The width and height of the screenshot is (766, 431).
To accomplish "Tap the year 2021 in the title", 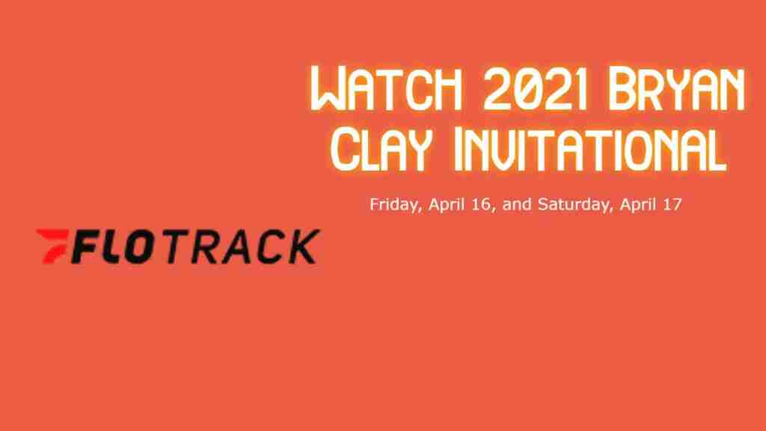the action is pyautogui.click(x=534, y=90).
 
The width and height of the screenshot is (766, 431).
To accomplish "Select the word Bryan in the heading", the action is pyautogui.click(x=676, y=90).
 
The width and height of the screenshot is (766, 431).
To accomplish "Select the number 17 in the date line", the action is pyautogui.click(x=672, y=204).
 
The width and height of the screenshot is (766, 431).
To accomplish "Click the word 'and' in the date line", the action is pyautogui.click(x=517, y=204).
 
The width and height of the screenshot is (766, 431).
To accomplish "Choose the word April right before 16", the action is pyautogui.click(x=447, y=204).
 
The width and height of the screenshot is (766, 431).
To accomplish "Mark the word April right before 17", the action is pyautogui.click(x=638, y=204).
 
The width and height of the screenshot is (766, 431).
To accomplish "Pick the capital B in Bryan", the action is pyautogui.click(x=622, y=90).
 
